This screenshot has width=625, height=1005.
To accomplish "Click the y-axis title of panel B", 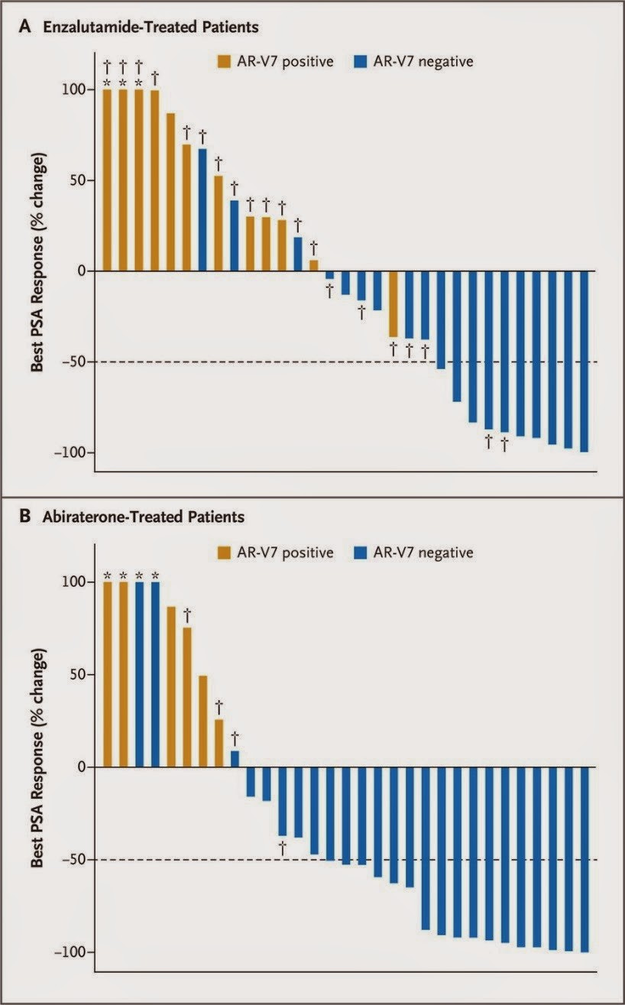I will coord(38,757).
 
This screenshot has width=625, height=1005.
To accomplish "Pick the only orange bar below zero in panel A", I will coord(393,303).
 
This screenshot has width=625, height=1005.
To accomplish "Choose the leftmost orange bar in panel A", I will coord(107,180).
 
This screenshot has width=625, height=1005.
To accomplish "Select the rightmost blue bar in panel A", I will coord(584,361).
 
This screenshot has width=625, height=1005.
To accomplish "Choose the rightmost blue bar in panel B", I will coord(585,859).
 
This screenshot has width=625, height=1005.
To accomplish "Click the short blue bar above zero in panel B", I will coord(235,758).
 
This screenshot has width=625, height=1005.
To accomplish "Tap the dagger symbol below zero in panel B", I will coord(282,846).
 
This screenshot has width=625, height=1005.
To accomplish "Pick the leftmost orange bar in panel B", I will coord(107,674).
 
